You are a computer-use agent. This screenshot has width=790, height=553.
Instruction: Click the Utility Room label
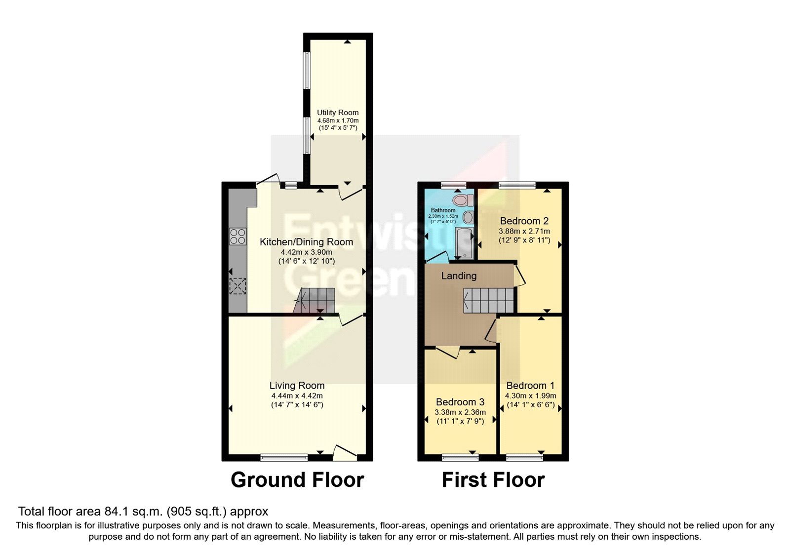pos(338,113)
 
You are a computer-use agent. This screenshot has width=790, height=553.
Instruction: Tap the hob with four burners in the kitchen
pos(238,237)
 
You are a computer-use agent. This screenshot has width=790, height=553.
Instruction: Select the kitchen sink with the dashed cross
pos(238,286)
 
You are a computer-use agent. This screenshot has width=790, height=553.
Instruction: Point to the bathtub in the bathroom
pos(464,243)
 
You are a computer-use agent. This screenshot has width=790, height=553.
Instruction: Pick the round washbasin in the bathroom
pos(468,218)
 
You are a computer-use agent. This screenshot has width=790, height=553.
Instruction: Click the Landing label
pos(459,276)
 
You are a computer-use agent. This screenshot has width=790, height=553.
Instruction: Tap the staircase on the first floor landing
pos(489,300)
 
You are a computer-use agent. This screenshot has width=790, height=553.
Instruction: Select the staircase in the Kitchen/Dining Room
pos(315,300)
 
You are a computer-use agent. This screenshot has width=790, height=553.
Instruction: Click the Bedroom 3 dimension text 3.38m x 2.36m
pos(460,412)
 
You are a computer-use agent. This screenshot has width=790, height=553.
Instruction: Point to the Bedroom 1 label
pos(530,386)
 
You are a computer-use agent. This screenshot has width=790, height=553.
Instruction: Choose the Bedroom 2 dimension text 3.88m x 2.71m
pos(524,231)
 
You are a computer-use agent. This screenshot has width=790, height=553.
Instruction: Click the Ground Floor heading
pos(297,480)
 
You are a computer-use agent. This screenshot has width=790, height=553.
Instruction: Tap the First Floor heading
pos(493,480)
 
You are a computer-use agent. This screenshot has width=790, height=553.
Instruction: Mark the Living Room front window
pos(284,458)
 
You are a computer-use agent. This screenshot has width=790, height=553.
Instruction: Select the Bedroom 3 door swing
pos(448,353)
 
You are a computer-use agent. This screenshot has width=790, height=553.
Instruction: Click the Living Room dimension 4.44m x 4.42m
pos(297,395)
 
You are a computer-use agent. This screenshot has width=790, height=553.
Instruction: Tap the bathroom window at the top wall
pos(454,185)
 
